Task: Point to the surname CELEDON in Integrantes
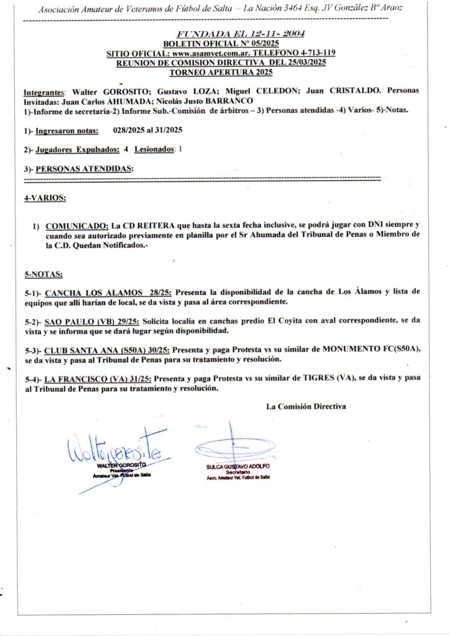click(274, 91)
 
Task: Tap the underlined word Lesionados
click(154, 150)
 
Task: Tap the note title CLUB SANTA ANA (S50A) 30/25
click(104, 351)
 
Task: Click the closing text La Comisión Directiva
click(306, 407)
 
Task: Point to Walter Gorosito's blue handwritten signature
click(115, 448)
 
